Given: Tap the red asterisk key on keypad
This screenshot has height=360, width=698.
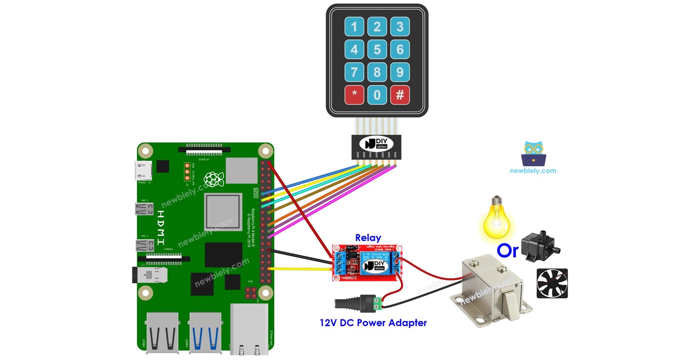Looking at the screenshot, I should click(x=354, y=95).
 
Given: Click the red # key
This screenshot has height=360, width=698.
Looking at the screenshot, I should click(x=400, y=95).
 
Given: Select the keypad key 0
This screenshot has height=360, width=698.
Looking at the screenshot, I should click(x=377, y=95).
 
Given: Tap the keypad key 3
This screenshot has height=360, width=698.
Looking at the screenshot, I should click(x=400, y=27).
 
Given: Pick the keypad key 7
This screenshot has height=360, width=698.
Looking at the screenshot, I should click(x=354, y=72).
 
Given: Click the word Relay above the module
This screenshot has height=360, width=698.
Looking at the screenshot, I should click(x=368, y=238).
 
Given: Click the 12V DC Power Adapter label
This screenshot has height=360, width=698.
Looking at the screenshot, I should click(x=373, y=323).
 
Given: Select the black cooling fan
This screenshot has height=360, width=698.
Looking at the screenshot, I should click(x=552, y=284).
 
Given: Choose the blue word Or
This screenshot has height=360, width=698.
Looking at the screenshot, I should click(x=507, y=251).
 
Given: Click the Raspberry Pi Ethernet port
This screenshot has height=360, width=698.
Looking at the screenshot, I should click(x=249, y=329).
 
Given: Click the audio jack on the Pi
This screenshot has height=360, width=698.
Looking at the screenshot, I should click(x=150, y=275).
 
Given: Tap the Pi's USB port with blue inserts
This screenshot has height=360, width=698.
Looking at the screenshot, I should click(x=204, y=332).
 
